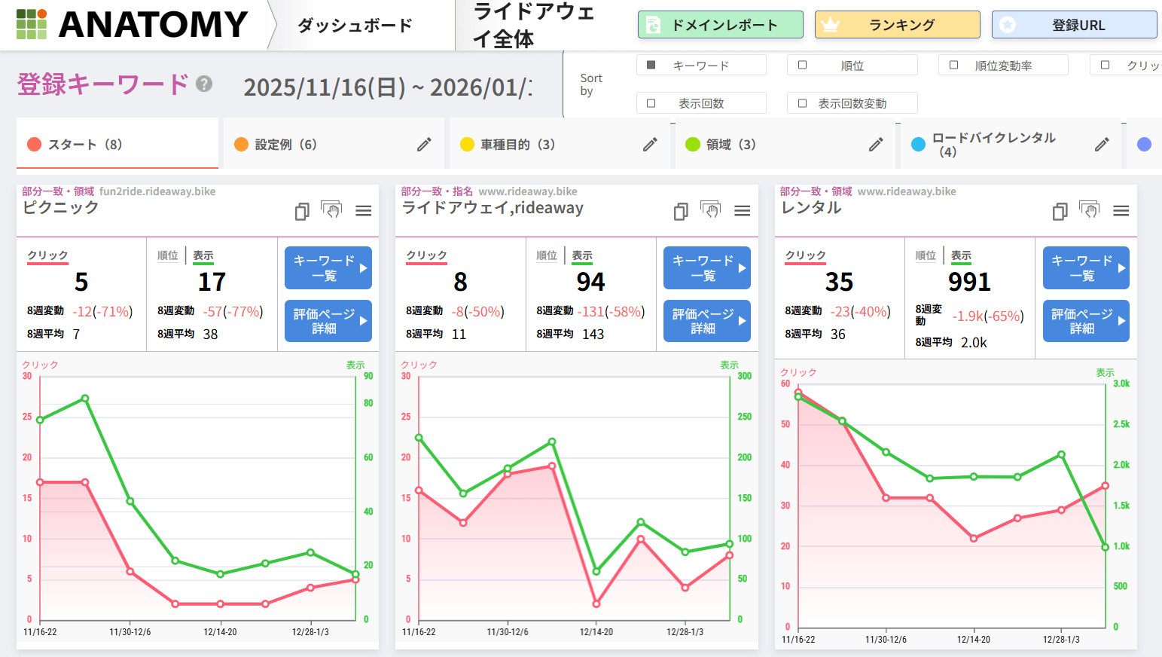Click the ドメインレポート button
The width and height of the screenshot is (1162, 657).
[720, 25]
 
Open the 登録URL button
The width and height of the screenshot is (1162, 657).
[1074, 25]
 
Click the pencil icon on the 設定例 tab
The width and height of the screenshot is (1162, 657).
[425, 144]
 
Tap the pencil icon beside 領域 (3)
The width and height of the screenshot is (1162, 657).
[876, 144]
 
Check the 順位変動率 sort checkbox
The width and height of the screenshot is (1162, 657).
[953, 66]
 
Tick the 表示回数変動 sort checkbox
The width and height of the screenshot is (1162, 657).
[802, 103]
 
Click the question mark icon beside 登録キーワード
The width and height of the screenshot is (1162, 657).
[204, 84]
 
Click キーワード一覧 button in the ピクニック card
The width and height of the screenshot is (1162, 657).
[328, 267]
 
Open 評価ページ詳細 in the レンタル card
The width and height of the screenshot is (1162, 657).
[1085, 321]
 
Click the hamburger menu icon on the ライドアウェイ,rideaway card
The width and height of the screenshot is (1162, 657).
[743, 211]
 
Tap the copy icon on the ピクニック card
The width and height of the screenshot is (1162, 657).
[302, 211]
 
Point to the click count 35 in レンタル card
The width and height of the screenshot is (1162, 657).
[839, 282]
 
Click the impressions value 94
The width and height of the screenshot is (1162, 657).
[590, 282]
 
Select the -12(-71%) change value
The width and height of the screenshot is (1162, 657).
[102, 311]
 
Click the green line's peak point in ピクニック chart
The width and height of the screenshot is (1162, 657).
[85, 399]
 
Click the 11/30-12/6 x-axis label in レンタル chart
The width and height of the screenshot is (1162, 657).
[886, 640]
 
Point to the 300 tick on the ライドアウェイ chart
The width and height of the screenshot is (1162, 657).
[744, 376]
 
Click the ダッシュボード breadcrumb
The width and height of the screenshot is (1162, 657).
[355, 25]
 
